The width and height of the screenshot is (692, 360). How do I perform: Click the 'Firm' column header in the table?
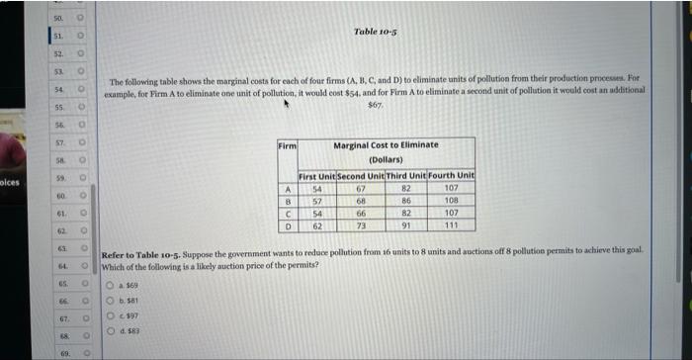tap(287, 145)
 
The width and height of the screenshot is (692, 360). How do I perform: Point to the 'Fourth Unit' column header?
tap(454, 176)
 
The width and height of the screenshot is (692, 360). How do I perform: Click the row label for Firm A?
tap(287, 188)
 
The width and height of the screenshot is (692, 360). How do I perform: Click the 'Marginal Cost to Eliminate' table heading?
tap(386, 145)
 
